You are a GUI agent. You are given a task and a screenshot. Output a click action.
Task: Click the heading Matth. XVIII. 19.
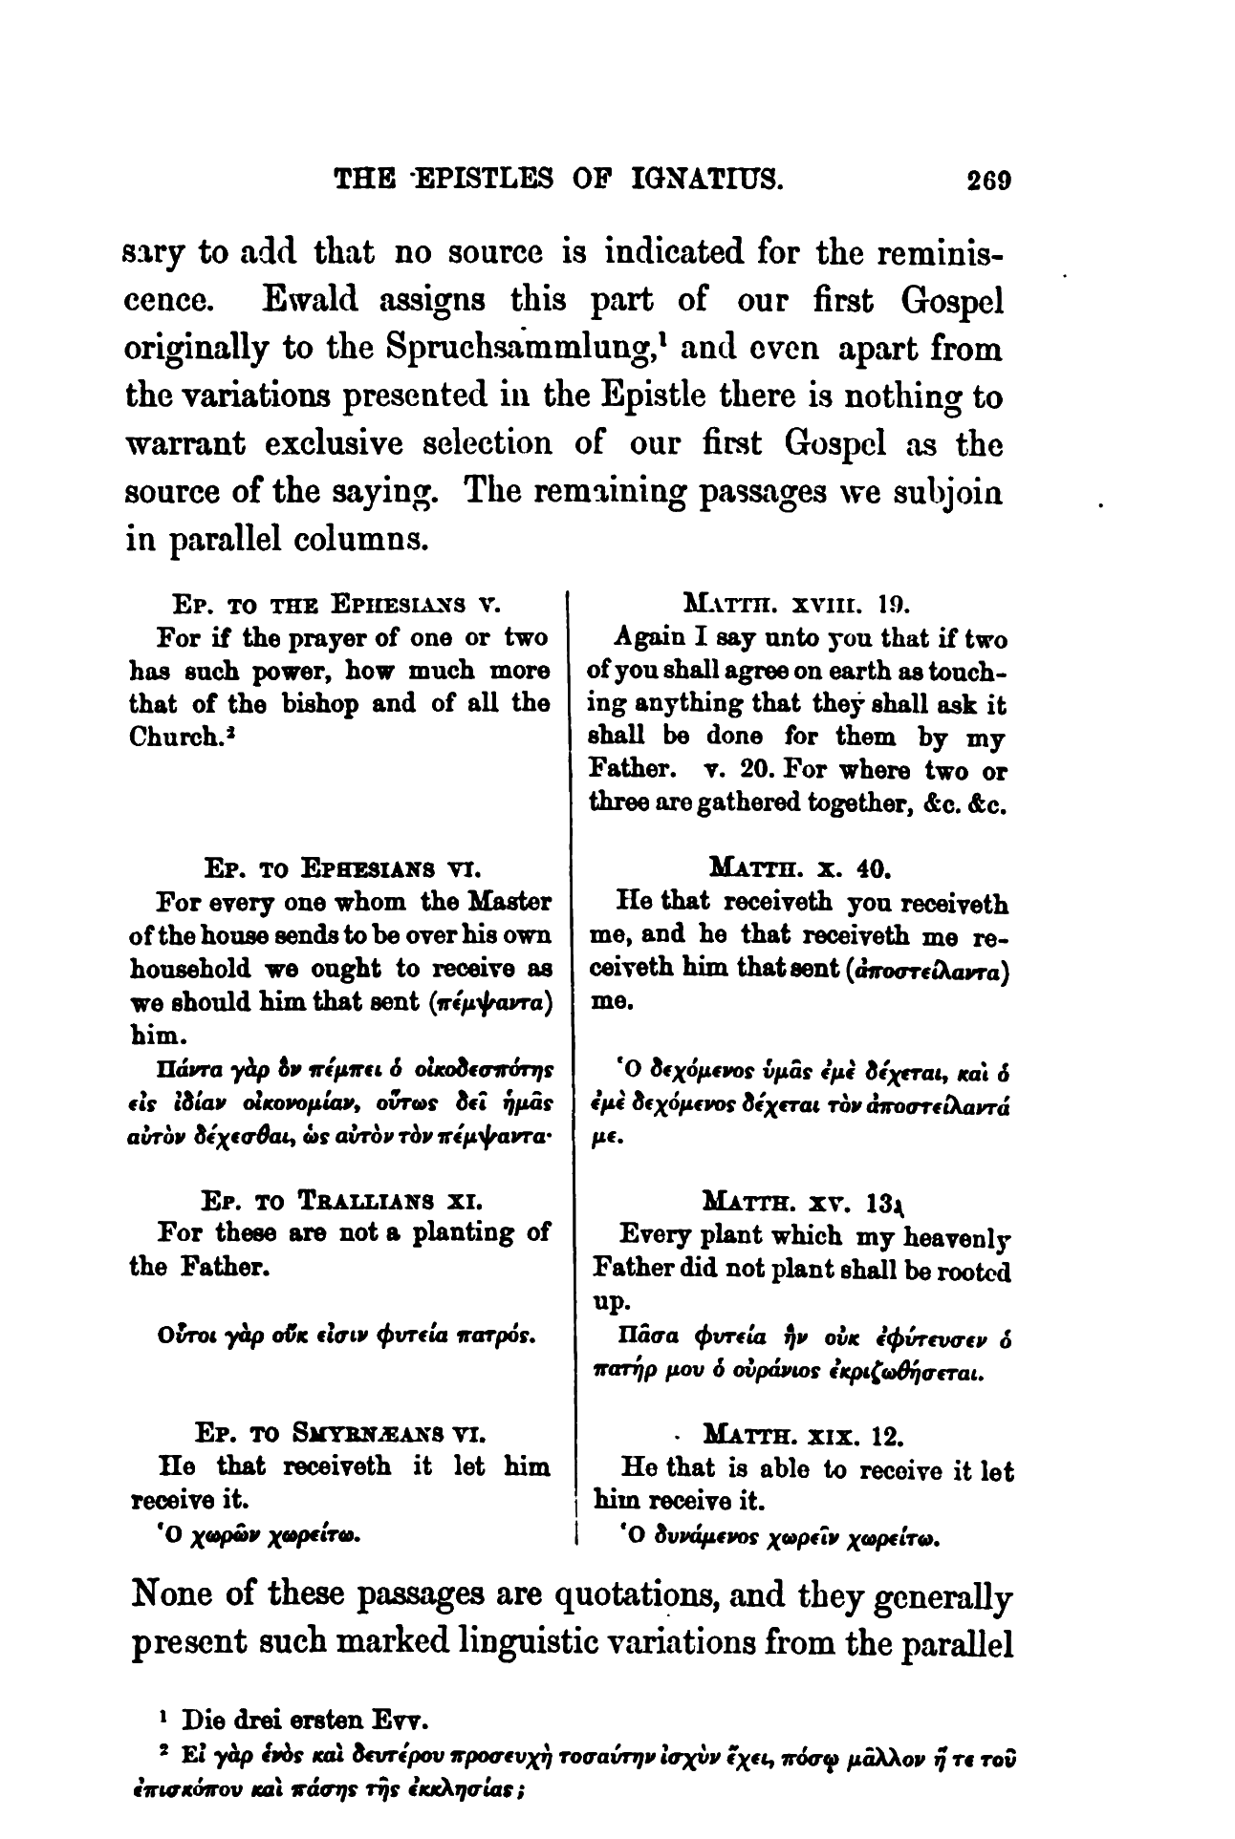pyautogui.click(x=795, y=604)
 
